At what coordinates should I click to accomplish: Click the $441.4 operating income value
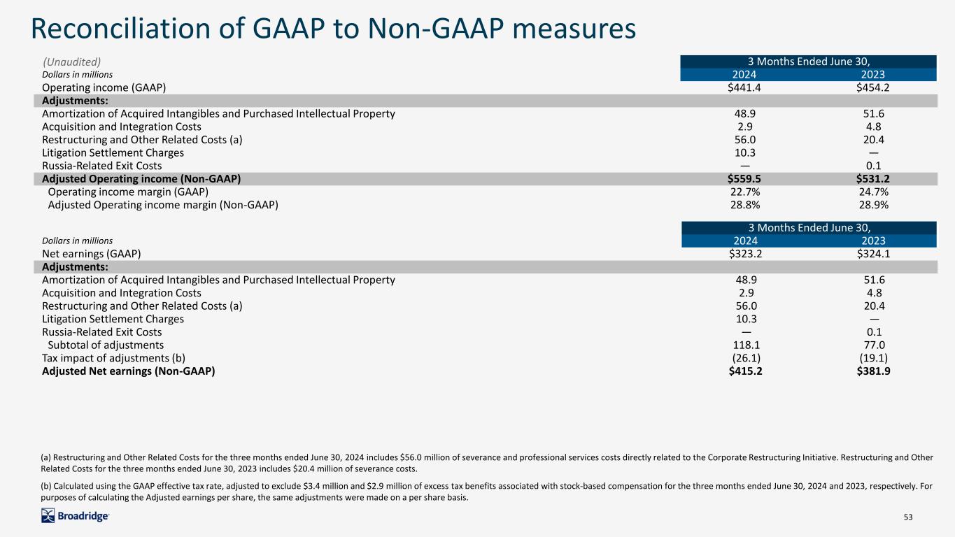click(x=745, y=87)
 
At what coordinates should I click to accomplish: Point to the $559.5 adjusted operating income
click(x=745, y=178)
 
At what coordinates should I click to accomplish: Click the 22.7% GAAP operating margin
click(x=745, y=192)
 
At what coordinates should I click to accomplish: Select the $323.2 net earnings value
click(x=745, y=254)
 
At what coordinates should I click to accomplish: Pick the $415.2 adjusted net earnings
click(x=745, y=371)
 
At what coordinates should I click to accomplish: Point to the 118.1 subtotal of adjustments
click(x=745, y=345)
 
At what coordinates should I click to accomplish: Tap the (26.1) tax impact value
click(x=745, y=358)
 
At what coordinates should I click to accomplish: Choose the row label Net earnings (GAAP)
click(x=92, y=254)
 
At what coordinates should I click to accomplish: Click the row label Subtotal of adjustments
click(x=106, y=345)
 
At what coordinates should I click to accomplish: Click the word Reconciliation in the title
click(x=109, y=29)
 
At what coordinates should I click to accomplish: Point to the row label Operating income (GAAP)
click(x=104, y=87)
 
